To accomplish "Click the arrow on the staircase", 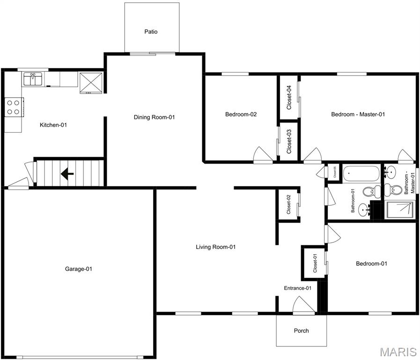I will [x=67, y=174].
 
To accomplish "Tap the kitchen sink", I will [x=33, y=79].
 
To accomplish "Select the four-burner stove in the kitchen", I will [x=13, y=107].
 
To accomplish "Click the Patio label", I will [x=151, y=32].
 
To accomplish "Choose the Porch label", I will [x=301, y=330].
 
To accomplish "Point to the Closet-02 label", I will [x=289, y=204].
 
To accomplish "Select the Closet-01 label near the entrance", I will [x=315, y=263].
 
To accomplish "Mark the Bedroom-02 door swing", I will [x=260, y=155].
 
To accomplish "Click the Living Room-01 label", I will [x=215, y=247].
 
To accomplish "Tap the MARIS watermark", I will [x=398, y=352].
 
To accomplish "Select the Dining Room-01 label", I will [x=154, y=117].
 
